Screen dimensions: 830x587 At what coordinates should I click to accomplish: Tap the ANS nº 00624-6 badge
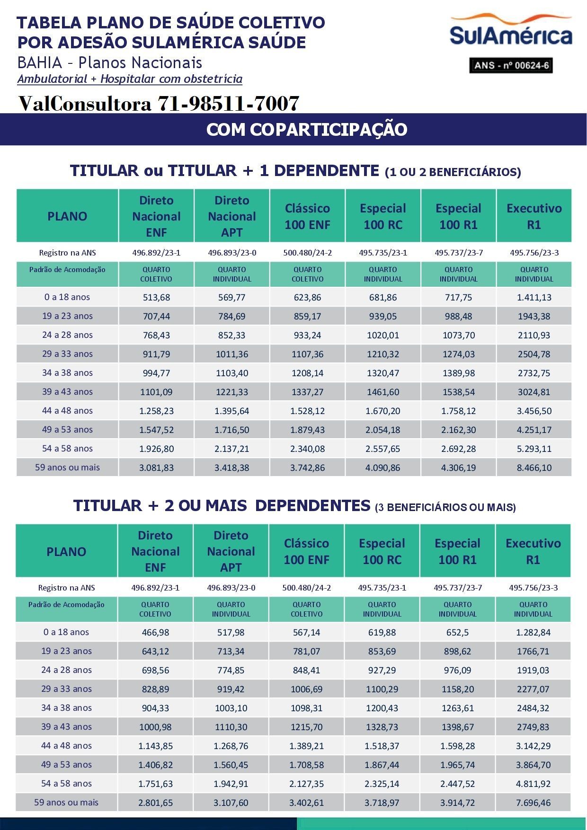coord(511,65)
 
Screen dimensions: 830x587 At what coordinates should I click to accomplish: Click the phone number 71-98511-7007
coord(228,103)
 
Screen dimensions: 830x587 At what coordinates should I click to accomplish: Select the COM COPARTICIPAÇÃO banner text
coord(307,130)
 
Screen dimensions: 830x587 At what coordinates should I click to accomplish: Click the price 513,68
coord(156,298)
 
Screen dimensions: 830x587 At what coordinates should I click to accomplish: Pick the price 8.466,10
coord(534,468)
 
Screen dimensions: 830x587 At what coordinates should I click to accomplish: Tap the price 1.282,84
coord(533,633)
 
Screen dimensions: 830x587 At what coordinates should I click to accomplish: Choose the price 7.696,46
coord(533,803)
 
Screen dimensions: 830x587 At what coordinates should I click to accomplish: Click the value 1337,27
coord(307,392)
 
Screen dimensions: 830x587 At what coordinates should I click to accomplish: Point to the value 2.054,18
coord(382,430)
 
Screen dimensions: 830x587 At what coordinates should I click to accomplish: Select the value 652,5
coord(457,633)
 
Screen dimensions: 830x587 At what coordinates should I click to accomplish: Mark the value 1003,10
coord(231,708)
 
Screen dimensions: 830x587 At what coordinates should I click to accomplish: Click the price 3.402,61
coord(306,803)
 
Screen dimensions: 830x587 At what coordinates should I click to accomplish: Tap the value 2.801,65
coord(155,803)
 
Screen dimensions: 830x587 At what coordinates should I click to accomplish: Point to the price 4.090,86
coord(382,468)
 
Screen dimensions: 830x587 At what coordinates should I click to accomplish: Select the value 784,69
coord(231,317)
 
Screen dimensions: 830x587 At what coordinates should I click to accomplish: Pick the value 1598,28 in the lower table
coord(457,746)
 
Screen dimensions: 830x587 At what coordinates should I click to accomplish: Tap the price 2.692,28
coord(458,449)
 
